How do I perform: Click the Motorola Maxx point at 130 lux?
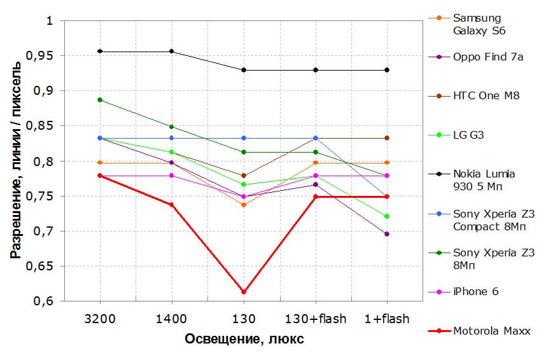click(x=244, y=292)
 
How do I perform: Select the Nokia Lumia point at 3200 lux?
click(x=100, y=51)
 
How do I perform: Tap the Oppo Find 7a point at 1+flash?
click(x=387, y=234)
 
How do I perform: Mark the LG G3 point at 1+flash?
click(x=387, y=216)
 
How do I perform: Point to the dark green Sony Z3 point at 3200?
click(x=100, y=100)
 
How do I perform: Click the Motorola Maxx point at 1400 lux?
click(x=172, y=205)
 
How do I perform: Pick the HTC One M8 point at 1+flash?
click(x=387, y=138)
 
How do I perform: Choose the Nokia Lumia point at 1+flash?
click(x=387, y=70)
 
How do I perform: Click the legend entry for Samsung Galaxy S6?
click(x=477, y=24)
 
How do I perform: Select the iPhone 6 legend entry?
click(x=475, y=291)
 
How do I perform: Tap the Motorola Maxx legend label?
click(x=492, y=331)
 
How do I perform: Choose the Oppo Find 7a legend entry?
click(x=487, y=57)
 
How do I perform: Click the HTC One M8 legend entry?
click(x=486, y=96)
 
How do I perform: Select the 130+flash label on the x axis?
click(x=316, y=318)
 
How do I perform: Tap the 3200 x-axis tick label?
click(x=100, y=318)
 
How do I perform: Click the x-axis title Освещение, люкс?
click(x=244, y=339)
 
